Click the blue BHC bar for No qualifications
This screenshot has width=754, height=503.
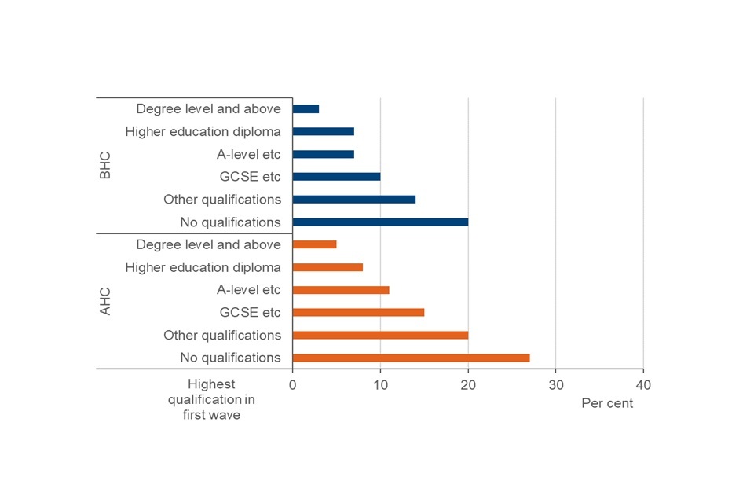pos(381,222)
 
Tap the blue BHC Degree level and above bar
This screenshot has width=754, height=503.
pos(306,108)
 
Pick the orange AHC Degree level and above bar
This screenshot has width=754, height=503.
pos(315,244)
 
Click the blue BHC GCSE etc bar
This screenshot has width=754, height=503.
pos(337,176)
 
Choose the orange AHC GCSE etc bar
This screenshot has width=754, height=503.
pos(359,312)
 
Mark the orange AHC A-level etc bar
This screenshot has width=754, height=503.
pos(341,290)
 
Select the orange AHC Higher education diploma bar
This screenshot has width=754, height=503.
pos(328,267)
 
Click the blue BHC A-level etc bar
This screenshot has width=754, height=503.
pos(324,154)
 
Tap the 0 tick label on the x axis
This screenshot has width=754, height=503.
pos(293,386)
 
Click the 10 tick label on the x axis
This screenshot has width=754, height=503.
pos(380,386)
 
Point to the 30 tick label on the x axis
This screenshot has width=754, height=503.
pos(555,386)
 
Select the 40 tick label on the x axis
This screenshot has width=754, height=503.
pos(643,386)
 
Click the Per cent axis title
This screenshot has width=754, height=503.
pos(607,403)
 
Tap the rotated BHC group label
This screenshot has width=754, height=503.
pos(105,165)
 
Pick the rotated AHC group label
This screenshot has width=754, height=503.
pos(105,301)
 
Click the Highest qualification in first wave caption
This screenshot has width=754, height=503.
pos(211,399)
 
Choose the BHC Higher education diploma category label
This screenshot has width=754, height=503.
pos(203,131)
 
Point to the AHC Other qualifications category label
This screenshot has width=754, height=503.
pos(221,335)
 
